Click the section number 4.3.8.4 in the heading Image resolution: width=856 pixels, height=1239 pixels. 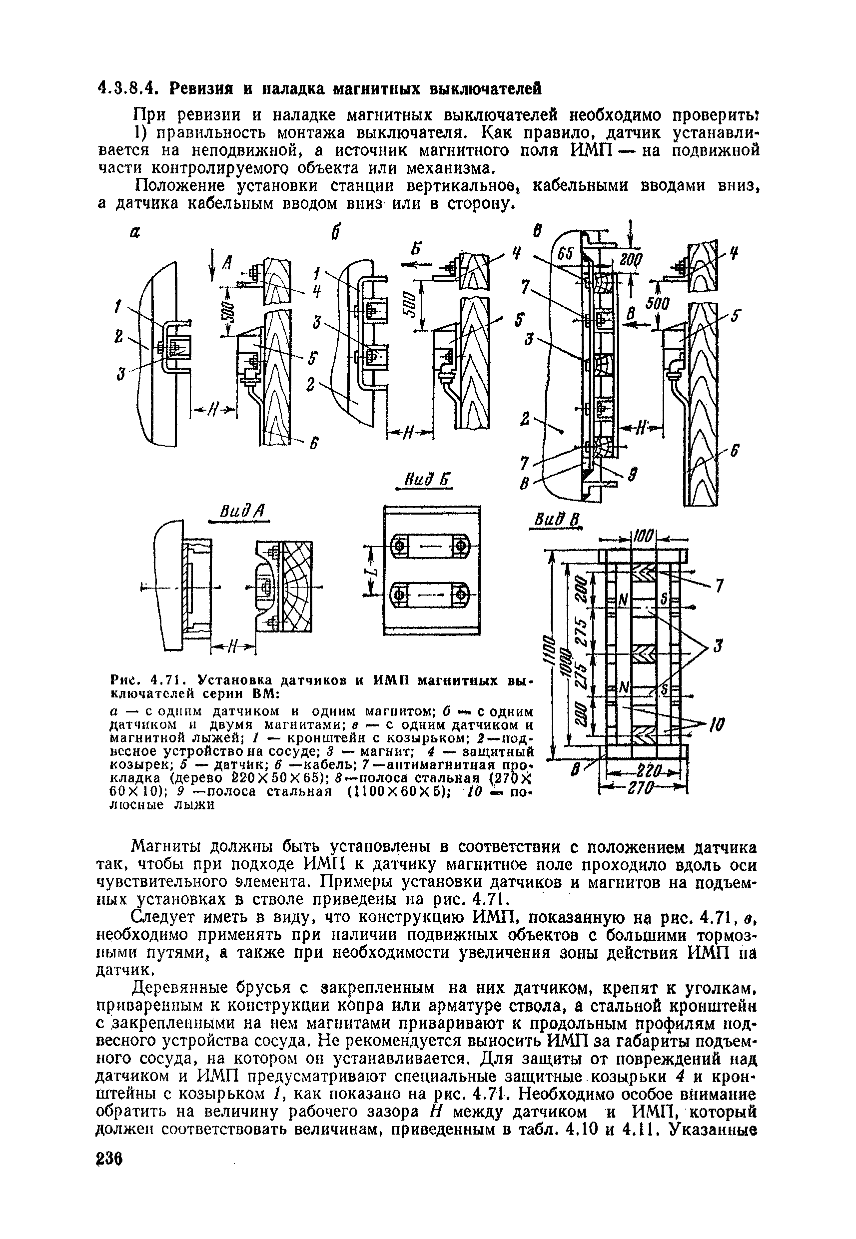point(128,88)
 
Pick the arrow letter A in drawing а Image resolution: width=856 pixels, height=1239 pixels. point(227,262)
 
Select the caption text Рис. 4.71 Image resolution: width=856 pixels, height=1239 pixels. point(148,681)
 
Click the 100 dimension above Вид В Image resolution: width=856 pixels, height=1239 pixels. point(643,535)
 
